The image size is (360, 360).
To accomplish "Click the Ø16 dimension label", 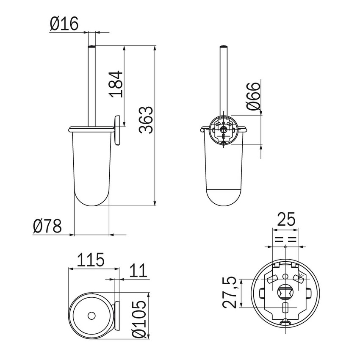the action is [x=64, y=23].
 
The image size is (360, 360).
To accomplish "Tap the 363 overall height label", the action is [x=146, y=120].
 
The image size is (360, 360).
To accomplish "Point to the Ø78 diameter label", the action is [x=47, y=226].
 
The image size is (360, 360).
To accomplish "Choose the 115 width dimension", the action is [x=91, y=260].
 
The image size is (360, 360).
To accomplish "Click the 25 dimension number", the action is [x=286, y=219].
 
